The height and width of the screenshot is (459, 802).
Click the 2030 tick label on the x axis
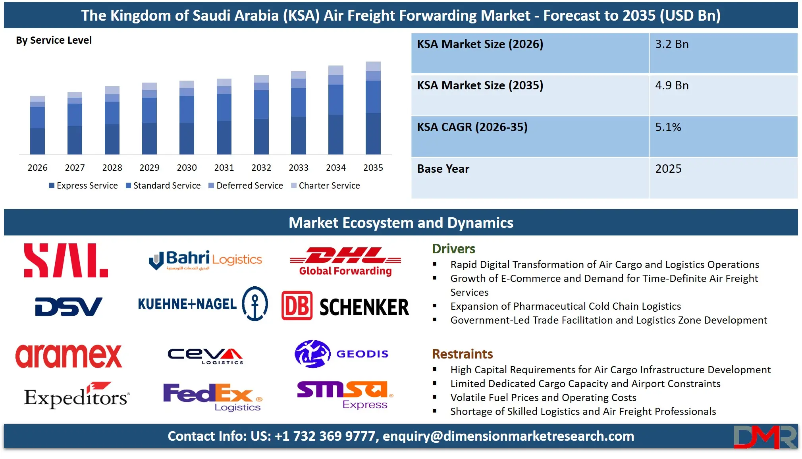coord(187,168)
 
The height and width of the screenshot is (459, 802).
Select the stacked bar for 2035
coord(373,108)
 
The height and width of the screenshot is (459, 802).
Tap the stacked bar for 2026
coord(37,125)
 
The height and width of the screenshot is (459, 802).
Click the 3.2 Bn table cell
coord(672,44)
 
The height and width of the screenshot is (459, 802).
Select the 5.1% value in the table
coord(668,127)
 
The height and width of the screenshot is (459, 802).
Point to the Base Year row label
coord(443,169)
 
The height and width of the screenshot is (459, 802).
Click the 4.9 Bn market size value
coord(672,85)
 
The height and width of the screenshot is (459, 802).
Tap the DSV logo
coord(69,307)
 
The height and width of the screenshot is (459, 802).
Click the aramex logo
coord(69,356)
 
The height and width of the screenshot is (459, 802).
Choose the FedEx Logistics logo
coord(213,397)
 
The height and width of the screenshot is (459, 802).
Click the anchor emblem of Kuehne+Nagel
coord(255,304)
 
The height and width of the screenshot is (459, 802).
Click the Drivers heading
coord(453,249)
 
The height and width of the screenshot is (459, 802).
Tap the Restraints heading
coord(462,354)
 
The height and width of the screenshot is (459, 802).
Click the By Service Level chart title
coord(54,40)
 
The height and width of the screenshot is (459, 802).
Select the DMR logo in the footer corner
coord(765,437)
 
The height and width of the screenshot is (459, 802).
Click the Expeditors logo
coord(77,396)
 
